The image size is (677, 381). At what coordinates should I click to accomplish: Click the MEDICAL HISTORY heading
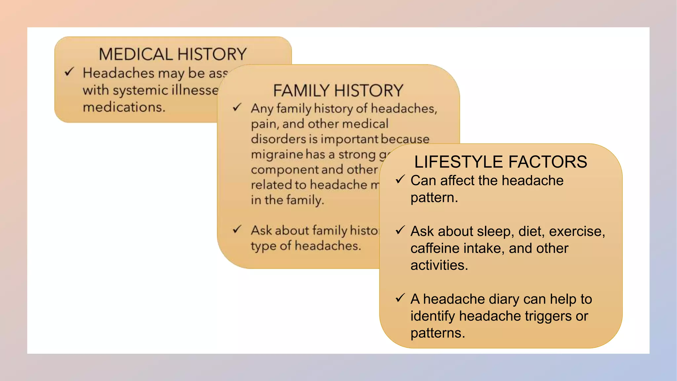[173, 54]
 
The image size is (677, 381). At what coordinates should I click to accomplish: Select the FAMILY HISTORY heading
[338, 90]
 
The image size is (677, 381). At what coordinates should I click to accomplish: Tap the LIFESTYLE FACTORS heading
[500, 162]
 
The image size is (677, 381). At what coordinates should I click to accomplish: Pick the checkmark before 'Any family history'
[237, 107]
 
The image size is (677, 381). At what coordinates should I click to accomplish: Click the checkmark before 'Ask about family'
[237, 229]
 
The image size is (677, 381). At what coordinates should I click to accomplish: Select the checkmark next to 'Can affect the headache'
[400, 179]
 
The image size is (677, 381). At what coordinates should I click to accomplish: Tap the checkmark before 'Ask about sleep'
[400, 230]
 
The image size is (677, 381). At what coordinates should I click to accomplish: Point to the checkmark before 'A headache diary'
[400, 298]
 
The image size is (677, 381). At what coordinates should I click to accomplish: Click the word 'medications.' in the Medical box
[124, 107]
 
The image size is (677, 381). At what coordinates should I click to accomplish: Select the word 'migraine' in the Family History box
[277, 154]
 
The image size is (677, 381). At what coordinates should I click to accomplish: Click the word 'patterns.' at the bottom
[438, 333]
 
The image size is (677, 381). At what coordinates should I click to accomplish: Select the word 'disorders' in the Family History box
[279, 139]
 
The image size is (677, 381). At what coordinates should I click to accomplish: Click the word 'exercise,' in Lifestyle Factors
[577, 231]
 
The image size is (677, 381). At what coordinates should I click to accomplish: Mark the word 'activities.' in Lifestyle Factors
[439, 265]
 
